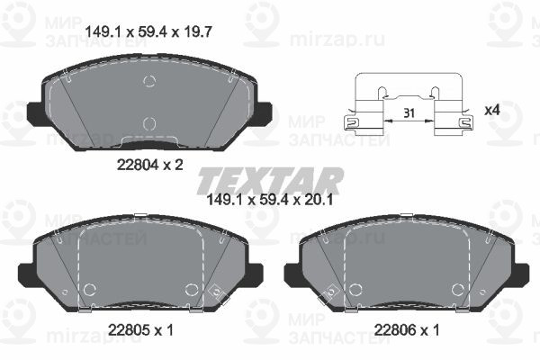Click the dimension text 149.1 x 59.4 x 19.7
(148, 32)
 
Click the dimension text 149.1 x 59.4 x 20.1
(270, 200)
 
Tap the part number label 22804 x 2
(149, 165)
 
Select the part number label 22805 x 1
(140, 330)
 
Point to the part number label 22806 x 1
(407, 330)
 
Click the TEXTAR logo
(270, 181)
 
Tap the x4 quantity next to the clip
(491, 111)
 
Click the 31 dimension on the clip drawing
(409, 113)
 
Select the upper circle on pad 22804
(149, 81)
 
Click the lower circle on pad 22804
(149, 123)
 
